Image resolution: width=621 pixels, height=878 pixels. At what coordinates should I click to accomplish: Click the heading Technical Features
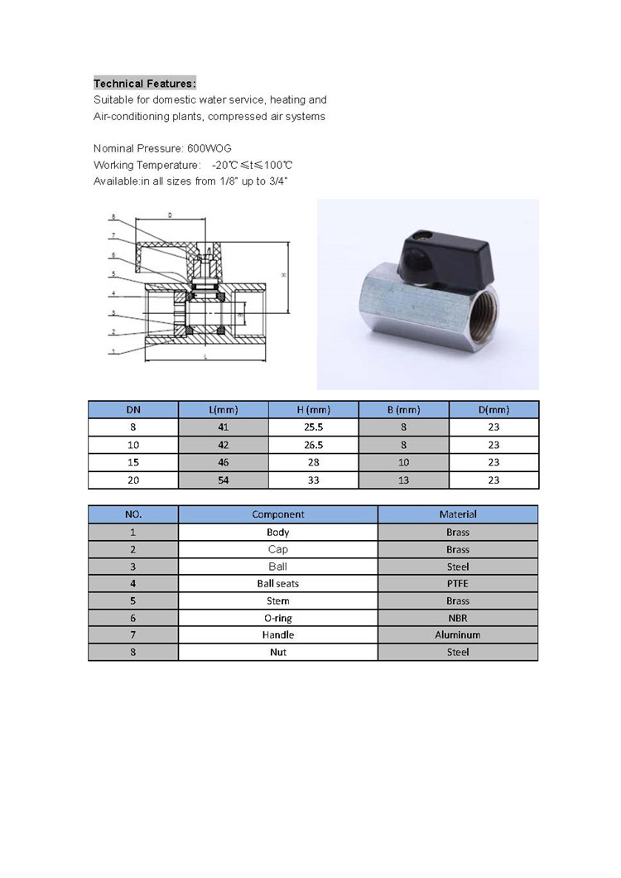tap(145, 84)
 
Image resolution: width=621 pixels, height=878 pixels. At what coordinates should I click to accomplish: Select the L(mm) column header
tap(224, 410)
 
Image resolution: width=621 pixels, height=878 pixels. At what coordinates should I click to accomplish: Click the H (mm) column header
tap(314, 410)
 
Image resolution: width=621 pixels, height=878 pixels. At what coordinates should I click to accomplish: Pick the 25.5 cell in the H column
tap(314, 427)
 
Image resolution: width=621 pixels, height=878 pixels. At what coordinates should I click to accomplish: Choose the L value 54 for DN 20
tap(224, 480)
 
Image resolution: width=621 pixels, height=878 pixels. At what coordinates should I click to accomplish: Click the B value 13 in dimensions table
tap(404, 480)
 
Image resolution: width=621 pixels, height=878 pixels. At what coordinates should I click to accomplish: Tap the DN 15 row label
tap(132, 462)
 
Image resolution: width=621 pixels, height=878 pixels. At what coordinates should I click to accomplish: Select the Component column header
tap(278, 514)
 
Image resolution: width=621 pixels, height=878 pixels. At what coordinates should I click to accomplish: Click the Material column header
tap(458, 514)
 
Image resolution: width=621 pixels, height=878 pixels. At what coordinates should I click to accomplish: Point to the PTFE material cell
tap(458, 584)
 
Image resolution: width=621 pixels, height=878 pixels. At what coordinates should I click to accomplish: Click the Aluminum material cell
tap(458, 635)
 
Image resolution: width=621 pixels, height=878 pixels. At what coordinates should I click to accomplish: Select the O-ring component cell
tap(278, 618)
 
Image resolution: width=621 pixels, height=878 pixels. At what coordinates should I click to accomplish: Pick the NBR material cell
tap(458, 618)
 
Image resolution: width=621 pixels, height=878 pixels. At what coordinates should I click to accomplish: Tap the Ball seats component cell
tap(278, 584)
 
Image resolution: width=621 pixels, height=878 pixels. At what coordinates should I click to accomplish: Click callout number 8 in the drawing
tap(113, 218)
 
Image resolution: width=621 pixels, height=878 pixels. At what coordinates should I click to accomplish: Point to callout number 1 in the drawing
tap(113, 352)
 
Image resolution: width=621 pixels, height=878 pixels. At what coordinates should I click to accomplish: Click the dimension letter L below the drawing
tap(205, 356)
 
